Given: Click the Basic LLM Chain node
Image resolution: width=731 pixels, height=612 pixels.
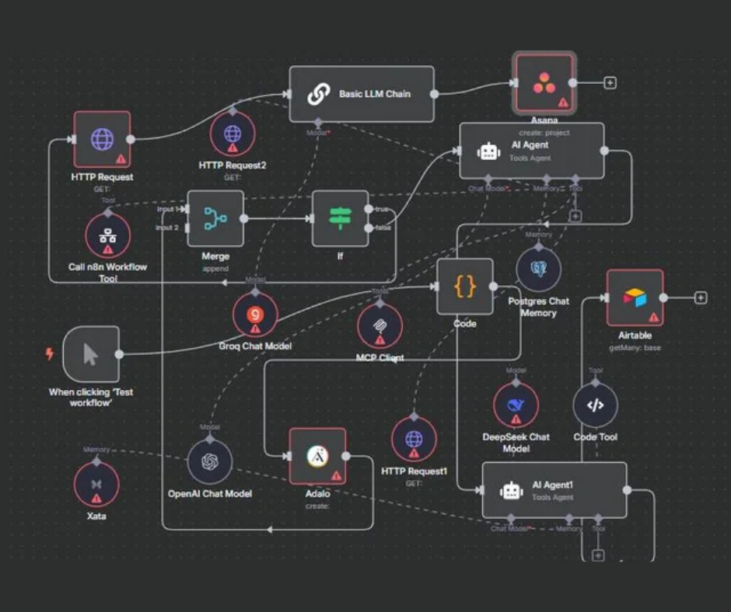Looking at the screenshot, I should coord(362,94).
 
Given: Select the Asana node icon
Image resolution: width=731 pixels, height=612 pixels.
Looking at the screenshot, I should coord(544,83).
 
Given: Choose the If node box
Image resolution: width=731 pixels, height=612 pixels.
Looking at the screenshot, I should coord(340,218).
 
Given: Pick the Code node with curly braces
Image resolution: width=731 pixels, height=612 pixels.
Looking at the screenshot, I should coord(464,287).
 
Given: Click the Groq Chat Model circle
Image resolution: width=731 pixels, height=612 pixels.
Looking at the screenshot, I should coord(255,315).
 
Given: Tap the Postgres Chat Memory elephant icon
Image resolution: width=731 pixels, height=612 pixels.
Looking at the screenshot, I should coord(538,269).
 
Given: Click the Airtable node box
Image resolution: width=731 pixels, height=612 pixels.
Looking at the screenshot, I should coord(635,297).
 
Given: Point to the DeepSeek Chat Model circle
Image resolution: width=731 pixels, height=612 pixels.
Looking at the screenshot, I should coord(516,405).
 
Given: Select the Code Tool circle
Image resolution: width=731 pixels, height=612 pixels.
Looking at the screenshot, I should coord(595,405).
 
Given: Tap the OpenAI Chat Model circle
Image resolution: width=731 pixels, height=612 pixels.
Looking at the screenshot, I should coord(210,461).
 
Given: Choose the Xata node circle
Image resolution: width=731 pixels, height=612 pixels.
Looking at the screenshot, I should coord(96,485).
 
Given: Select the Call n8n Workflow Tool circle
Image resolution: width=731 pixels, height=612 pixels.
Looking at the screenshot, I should coord(107,236).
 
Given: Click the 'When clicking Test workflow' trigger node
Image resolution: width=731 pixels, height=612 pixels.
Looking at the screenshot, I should coord(91,354).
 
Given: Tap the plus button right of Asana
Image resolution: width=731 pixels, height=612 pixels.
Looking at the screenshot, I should coord(610,82).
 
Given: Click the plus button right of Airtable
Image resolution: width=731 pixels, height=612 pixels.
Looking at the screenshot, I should coord(701,297).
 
